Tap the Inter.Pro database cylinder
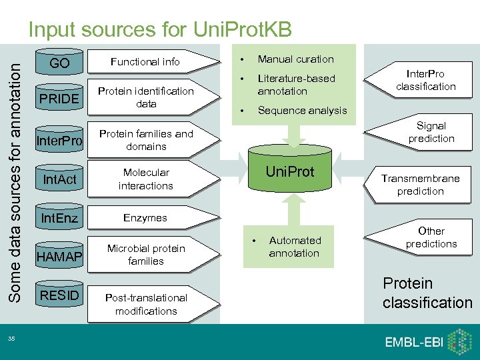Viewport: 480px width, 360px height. coord(59,141)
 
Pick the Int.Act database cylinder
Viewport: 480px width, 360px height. coord(59,179)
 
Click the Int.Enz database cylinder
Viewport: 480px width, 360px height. coord(59,218)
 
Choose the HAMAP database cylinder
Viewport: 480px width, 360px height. coord(59,256)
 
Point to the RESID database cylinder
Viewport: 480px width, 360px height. coord(59,295)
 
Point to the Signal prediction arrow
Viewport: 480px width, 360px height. coord(427,132)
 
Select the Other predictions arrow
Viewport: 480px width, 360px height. coord(427,237)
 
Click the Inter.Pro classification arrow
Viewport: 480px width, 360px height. coord(423,80)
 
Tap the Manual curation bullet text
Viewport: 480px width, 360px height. coord(295,59)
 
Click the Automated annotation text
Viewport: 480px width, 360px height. coord(295,247)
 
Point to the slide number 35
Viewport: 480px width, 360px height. coord(11,339)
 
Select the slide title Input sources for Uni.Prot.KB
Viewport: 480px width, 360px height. coord(159,29)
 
